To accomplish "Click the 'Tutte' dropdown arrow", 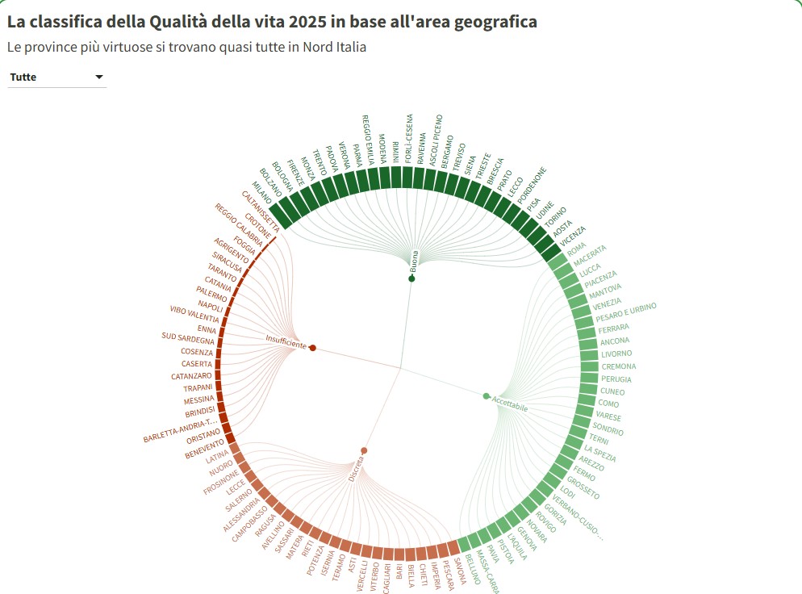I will (x=99, y=77).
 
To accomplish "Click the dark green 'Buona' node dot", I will (x=411, y=278).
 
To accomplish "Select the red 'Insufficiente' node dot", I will (x=312, y=348).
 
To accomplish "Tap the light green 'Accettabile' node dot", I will (x=486, y=395).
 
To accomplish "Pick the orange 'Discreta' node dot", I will (x=364, y=450).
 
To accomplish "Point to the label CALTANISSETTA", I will (x=261, y=207).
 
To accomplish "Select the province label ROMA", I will (x=577, y=251).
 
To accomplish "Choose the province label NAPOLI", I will (x=211, y=306).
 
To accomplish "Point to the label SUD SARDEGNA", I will (x=187, y=340).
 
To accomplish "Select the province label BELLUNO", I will (x=474, y=571).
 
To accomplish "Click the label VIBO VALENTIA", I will (x=194, y=317).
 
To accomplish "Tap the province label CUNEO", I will (x=612, y=391).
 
